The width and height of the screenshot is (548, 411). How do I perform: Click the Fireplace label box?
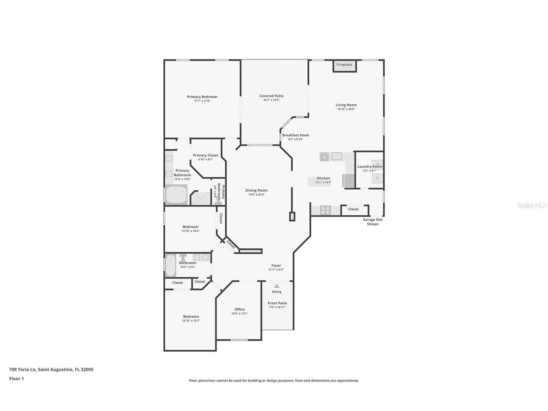344,65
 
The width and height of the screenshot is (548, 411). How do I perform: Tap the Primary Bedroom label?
202,97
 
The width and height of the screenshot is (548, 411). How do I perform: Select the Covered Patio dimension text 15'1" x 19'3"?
271,100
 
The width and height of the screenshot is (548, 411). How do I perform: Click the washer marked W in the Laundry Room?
377,163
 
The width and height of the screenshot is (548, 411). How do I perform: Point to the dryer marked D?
377,178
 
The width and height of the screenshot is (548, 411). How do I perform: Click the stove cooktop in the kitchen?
326,210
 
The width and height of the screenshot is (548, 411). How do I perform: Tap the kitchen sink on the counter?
337,156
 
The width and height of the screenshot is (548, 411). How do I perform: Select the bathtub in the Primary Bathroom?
176,195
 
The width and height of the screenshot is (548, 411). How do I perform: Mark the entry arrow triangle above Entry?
277,286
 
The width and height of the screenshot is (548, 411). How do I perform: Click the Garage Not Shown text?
372,222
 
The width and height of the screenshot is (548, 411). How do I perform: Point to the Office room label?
239,309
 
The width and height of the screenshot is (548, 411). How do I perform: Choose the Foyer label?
276,266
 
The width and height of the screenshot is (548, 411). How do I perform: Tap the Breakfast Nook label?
295,135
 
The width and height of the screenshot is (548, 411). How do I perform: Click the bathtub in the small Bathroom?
171,265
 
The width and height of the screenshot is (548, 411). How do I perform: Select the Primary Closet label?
205,155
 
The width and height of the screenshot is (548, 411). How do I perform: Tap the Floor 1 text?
16,379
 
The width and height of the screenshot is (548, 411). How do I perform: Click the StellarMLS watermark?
532,205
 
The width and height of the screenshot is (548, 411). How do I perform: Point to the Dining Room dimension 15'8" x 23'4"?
256,195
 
